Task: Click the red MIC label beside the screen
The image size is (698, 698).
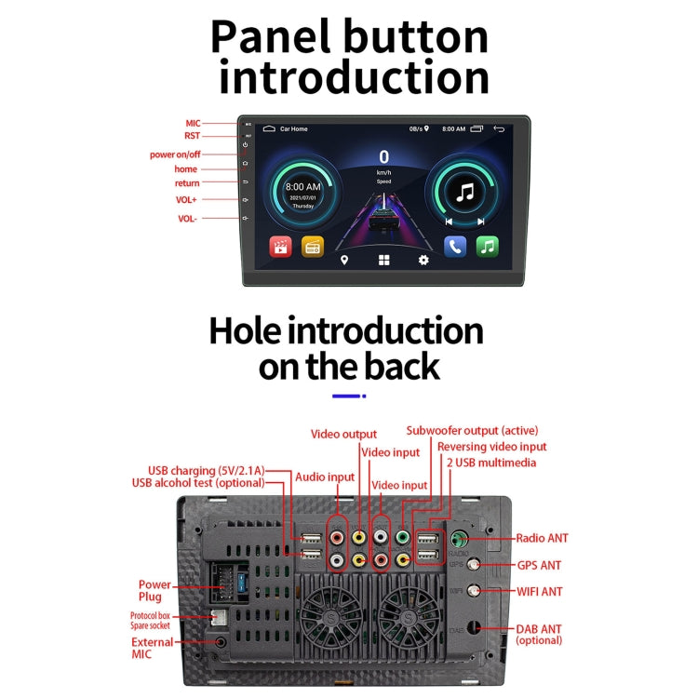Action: [193, 123]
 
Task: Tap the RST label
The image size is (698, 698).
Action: [193, 136]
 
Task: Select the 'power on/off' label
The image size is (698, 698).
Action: [175, 154]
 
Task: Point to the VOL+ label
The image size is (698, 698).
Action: [187, 199]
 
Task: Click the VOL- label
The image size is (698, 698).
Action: [187, 219]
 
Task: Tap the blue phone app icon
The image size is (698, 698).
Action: [455, 247]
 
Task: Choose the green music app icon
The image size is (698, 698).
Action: [488, 247]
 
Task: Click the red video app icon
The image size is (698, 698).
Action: [280, 247]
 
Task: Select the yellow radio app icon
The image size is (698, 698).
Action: [313, 247]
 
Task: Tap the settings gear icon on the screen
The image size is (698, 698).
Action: [423, 261]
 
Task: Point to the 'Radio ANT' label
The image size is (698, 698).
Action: [543, 538]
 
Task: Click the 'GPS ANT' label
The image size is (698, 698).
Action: [539, 565]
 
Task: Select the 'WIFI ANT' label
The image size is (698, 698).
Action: [541, 591]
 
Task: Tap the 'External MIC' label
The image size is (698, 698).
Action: [152, 648]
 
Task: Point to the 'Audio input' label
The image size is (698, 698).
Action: [325, 477]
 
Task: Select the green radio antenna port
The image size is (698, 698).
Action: [459, 539]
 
